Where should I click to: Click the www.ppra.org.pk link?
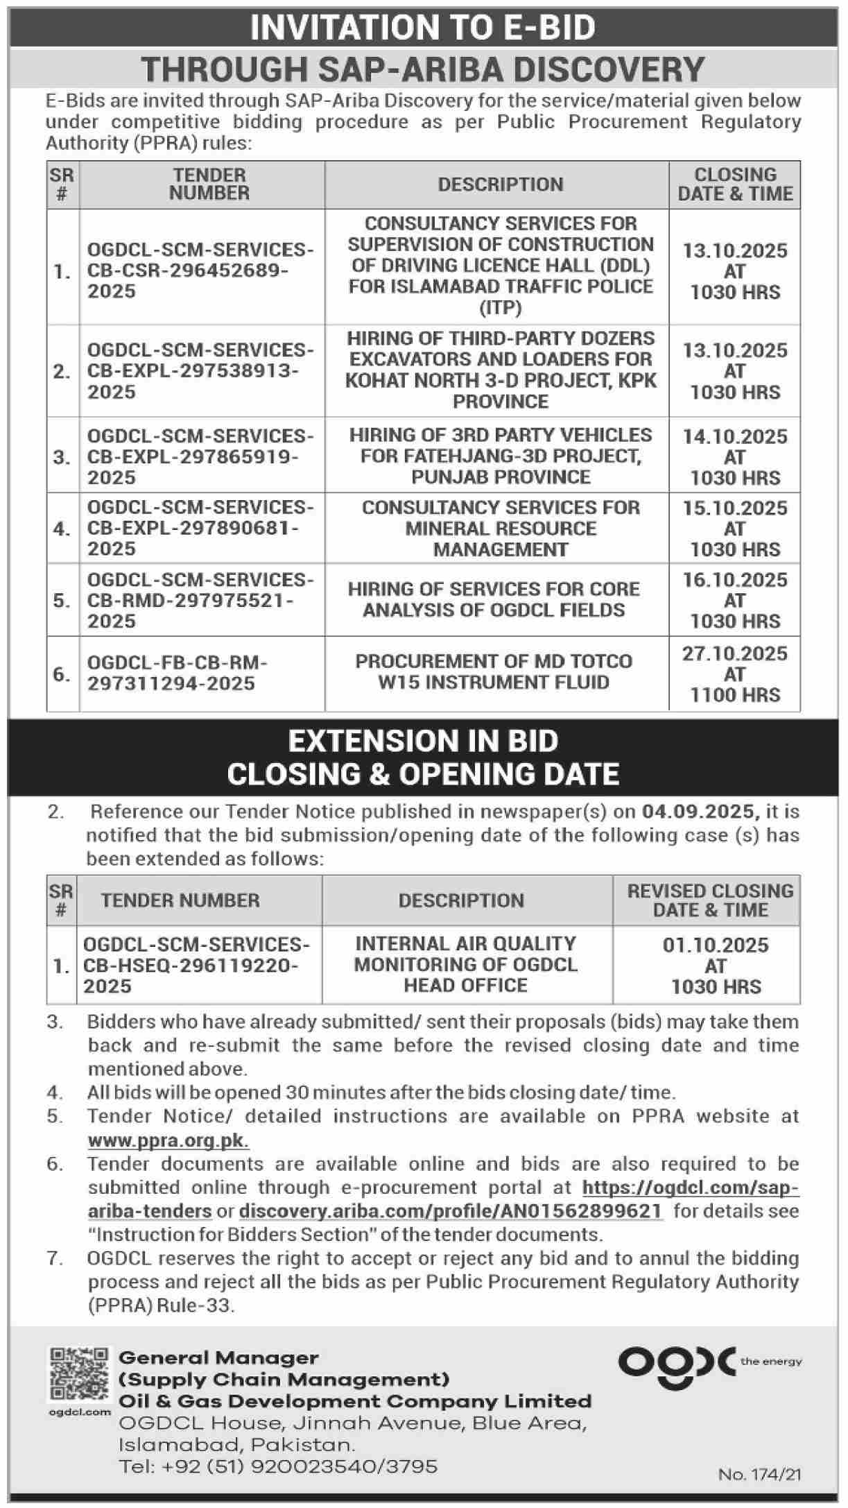[168, 1140]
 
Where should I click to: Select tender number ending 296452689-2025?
[200, 271]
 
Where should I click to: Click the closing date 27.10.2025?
[735, 654]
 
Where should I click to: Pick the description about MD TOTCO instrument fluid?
[494, 671]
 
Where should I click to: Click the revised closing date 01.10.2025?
[716, 945]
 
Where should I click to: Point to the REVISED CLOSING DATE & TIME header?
[710, 900]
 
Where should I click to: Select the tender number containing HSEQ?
[197, 965]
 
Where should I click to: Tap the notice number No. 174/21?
[759, 1474]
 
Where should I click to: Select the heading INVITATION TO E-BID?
[423, 28]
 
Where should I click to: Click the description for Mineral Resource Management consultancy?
[501, 529]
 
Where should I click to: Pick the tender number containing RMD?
[200, 600]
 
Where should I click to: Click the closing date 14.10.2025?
[735, 437]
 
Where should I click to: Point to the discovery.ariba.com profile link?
[451, 1211]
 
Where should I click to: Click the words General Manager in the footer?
[218, 1357]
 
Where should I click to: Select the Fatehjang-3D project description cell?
[501, 456]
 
